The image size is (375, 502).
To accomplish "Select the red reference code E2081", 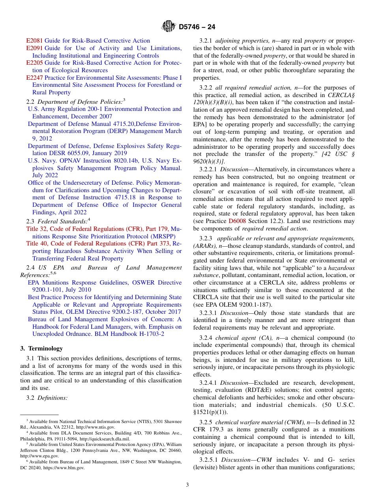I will click(x=34, y=41).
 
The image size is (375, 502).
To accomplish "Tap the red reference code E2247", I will click(x=34, y=78).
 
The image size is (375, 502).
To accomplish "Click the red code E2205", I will click(x=34, y=63).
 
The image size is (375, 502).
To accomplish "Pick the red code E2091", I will click(x=34, y=48).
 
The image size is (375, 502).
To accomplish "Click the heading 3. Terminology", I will click(x=41, y=348).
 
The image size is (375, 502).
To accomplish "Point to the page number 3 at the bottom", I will click(x=187, y=485).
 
